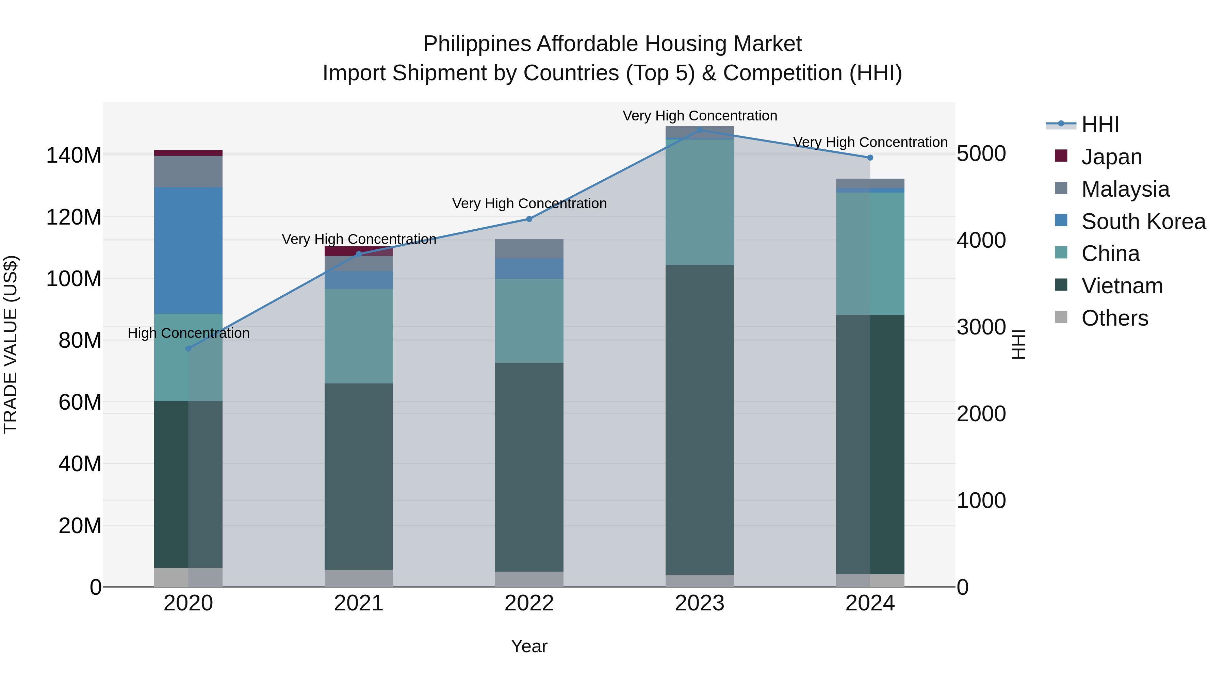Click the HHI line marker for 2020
188,348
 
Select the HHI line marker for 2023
700,130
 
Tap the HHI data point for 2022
529,219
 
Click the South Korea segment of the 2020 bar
188,250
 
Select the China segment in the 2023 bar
700,202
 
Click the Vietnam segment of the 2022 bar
529,467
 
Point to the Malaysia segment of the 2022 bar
529,249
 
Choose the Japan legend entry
1111,157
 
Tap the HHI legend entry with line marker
1099,125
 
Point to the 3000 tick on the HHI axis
981,327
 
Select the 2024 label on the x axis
870,603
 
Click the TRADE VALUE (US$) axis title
11,344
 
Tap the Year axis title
529,646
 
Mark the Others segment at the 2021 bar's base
359,578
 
